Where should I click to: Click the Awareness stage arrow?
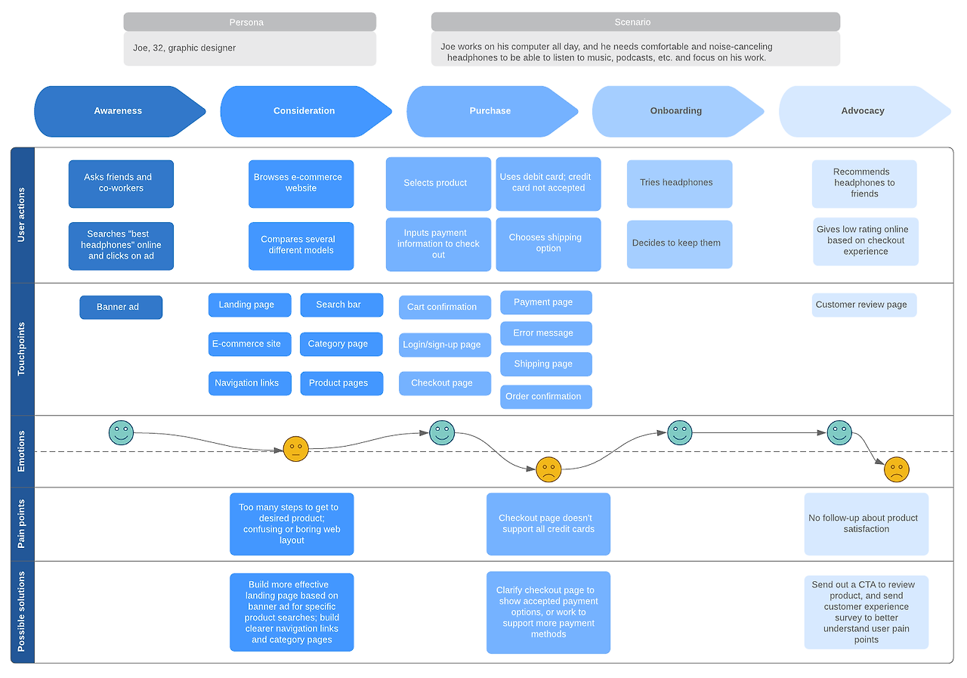pyautogui.click(x=119, y=111)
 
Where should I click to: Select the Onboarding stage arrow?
pyautogui.click(x=678, y=111)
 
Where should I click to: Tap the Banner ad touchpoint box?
pyautogui.click(x=121, y=307)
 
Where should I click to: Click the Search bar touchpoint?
pyautogui.click(x=341, y=305)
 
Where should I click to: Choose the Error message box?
pyautogui.click(x=546, y=333)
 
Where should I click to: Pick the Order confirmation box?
pyautogui.click(x=546, y=396)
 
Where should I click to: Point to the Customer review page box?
pyautogui.click(x=864, y=305)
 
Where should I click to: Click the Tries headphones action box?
pyautogui.click(x=679, y=184)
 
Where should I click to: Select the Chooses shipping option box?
pyautogui.click(x=548, y=244)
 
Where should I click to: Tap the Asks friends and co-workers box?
pyautogui.click(x=121, y=184)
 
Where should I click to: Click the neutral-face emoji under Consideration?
pyautogui.click(x=295, y=449)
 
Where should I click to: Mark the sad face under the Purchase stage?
pyautogui.click(x=548, y=469)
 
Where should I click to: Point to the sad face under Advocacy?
pyautogui.click(x=897, y=469)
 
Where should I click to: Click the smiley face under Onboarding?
pyautogui.click(x=679, y=432)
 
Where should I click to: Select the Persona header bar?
pyautogui.click(x=249, y=22)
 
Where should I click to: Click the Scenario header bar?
pyautogui.click(x=635, y=22)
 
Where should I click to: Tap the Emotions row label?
pyautogui.click(x=21, y=451)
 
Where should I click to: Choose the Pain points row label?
pyautogui.click(x=21, y=524)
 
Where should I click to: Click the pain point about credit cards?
pyautogui.click(x=548, y=524)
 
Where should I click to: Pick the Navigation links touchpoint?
pyautogui.click(x=249, y=383)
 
